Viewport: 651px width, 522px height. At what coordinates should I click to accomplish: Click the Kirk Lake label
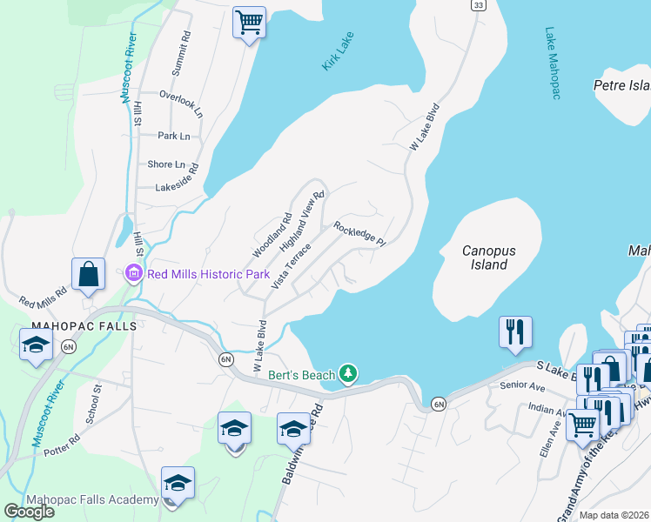[341, 55]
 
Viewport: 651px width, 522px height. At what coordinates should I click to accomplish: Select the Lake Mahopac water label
[551, 64]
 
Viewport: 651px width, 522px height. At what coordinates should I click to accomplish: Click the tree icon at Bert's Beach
[348, 374]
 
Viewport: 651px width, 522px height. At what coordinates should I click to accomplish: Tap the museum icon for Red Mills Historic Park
[134, 274]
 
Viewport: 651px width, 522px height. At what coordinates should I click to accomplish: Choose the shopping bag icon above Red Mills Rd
[88, 274]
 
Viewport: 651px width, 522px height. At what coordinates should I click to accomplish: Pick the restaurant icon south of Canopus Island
[515, 331]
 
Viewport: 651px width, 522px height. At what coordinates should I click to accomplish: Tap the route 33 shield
[478, 5]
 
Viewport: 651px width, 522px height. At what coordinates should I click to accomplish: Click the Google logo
[29, 512]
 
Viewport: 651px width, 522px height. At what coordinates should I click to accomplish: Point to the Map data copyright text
[614, 515]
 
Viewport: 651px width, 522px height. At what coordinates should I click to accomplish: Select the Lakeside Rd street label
[177, 186]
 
